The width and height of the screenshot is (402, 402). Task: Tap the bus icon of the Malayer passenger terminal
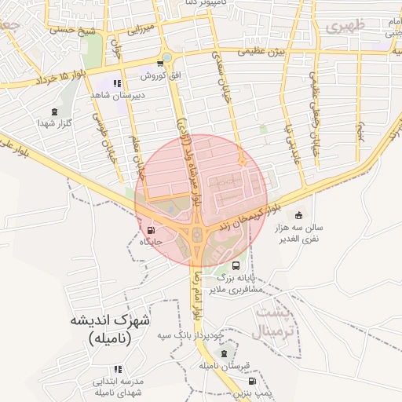click(x=236, y=267)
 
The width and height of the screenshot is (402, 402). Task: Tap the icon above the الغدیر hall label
click(x=298, y=215)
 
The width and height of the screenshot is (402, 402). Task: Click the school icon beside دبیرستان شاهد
click(x=117, y=83)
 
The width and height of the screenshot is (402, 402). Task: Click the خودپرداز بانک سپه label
click(x=191, y=335)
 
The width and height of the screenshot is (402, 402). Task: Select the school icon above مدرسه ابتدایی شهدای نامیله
click(x=118, y=368)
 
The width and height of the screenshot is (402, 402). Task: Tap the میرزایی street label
click(x=138, y=30)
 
